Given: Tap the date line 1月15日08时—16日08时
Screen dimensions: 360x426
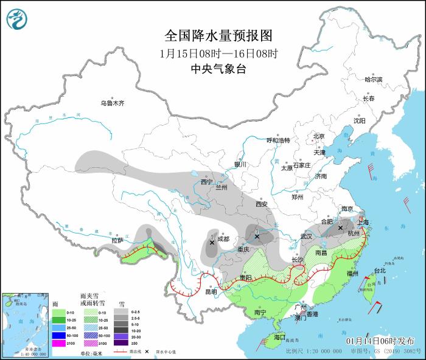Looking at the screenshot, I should point(212,53).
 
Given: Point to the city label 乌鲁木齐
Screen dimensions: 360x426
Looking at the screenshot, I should point(113,103).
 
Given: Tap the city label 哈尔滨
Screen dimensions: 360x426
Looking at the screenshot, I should point(373,80).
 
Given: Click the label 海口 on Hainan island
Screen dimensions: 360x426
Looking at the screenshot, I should point(279,337).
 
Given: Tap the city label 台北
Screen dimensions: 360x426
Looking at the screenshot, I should point(379,271).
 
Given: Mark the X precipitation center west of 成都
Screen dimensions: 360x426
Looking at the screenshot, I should point(212,242).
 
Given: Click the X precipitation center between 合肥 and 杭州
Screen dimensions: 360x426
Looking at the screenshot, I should point(340,228).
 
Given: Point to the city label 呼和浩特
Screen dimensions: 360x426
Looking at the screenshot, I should point(279,140).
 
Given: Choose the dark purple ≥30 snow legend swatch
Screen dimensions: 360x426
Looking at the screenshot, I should point(123,343).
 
